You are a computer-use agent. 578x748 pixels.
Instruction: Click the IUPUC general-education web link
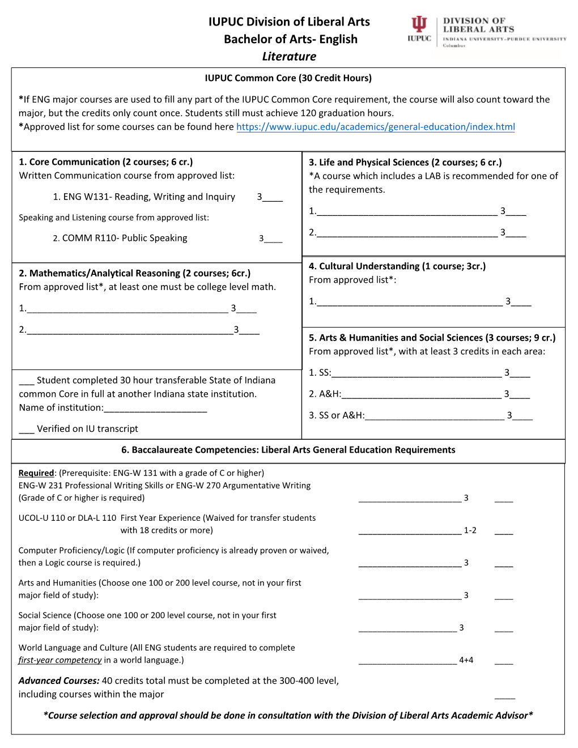375,127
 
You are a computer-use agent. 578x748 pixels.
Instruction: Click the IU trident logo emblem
419,24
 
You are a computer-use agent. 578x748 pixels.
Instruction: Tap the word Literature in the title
289,57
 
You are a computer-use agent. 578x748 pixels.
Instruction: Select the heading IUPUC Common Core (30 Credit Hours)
288,78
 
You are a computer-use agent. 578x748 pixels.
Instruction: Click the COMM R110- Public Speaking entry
124,238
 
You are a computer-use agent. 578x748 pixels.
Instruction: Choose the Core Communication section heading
106,162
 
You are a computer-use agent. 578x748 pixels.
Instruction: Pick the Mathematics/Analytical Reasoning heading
135,273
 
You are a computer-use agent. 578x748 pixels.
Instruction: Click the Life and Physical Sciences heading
405,163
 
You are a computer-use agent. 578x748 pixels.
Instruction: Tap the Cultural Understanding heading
397,266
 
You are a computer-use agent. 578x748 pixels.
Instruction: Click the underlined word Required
36,473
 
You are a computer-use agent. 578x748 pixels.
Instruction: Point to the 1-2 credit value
470,530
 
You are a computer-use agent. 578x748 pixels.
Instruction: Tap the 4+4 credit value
466,660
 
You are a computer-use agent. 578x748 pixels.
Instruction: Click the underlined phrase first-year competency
60,660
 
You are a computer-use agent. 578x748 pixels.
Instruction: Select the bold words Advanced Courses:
59,681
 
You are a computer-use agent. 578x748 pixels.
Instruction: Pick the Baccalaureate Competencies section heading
288,450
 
